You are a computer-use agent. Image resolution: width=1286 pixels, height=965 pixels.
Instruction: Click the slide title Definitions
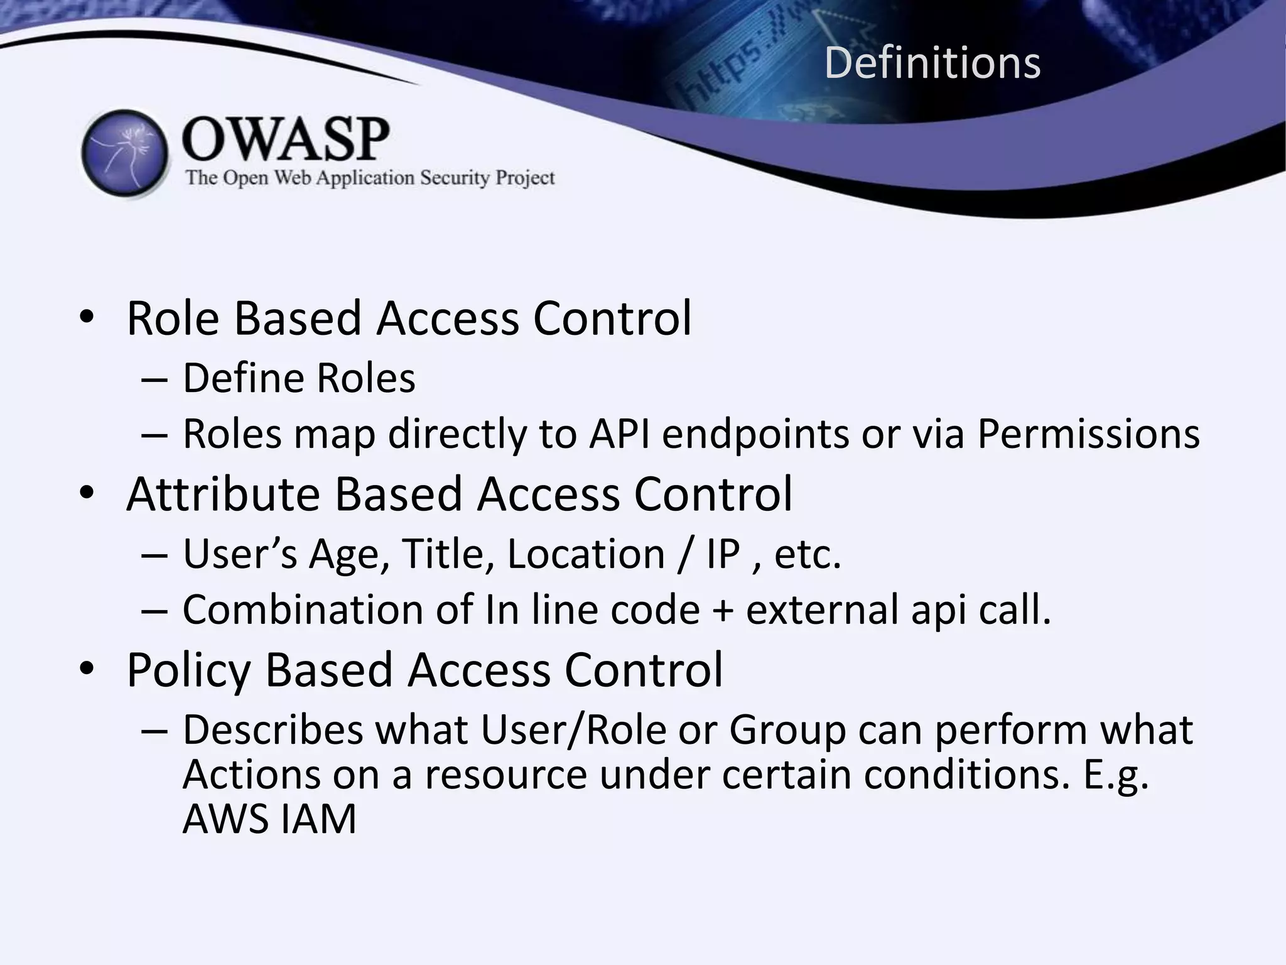[932, 63]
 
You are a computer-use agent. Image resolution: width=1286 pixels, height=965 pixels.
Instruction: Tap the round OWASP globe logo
[125, 153]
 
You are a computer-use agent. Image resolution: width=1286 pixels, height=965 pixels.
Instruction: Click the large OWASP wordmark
[286, 139]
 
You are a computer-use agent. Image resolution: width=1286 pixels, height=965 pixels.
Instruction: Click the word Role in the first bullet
[173, 319]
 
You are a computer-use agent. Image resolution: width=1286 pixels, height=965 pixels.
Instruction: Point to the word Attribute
[224, 494]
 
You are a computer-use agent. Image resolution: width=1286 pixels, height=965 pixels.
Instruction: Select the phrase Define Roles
[299, 378]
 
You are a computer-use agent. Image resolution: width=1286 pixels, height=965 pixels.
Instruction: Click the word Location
[585, 554]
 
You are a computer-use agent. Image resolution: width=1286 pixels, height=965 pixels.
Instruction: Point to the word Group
[787, 730]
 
